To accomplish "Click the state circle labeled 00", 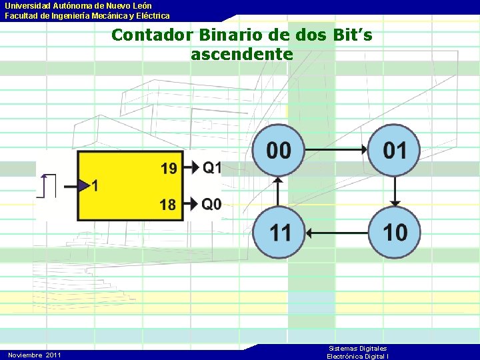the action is click(279, 150).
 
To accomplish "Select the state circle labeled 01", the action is click(395, 150).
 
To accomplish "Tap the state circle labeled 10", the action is click(395, 232).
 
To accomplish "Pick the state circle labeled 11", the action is click(279, 232).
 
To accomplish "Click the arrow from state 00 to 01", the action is click(337, 150).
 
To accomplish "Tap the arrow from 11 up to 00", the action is click(279, 191).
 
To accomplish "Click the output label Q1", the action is click(212, 167).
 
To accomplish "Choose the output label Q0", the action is click(212, 203).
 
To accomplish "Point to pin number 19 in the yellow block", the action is click(169, 168).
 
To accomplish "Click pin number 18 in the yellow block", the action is click(168, 204).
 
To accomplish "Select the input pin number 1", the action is click(95, 186).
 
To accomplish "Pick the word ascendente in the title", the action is click(241, 54).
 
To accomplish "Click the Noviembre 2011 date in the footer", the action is click(35, 355).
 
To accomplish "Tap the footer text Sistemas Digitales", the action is click(358, 349).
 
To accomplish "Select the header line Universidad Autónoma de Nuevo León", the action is click(79, 5).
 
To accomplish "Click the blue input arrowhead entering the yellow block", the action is click(83, 185).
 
